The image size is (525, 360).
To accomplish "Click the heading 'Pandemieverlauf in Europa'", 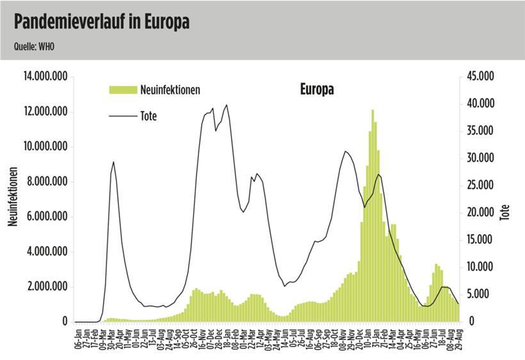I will pyautogui.click(x=102, y=23).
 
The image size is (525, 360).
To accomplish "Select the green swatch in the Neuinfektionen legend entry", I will pyautogui.click(x=123, y=90).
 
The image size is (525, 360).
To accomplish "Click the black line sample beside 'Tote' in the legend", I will pyautogui.click(x=123, y=117).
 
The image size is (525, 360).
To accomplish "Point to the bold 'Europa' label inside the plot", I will pyautogui.click(x=317, y=90).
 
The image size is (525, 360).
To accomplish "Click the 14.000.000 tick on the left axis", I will pyautogui.click(x=45, y=77).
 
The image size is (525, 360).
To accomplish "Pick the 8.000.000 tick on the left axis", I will pyautogui.click(x=47, y=182).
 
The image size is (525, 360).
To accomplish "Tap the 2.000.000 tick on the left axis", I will pyautogui.click(x=47, y=287).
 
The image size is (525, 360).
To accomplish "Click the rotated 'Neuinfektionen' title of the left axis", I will pyautogui.click(x=12, y=197).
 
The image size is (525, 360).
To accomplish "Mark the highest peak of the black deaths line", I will pyautogui.click(x=226, y=105).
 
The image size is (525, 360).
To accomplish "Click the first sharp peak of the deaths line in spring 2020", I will pyautogui.click(x=113, y=162).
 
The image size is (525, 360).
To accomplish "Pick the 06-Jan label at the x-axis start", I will pyautogui.click(x=77, y=336).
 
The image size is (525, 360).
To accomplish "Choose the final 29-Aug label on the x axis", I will pyautogui.click(x=458, y=336).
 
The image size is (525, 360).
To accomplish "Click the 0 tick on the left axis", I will pyautogui.click(x=65, y=322).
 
